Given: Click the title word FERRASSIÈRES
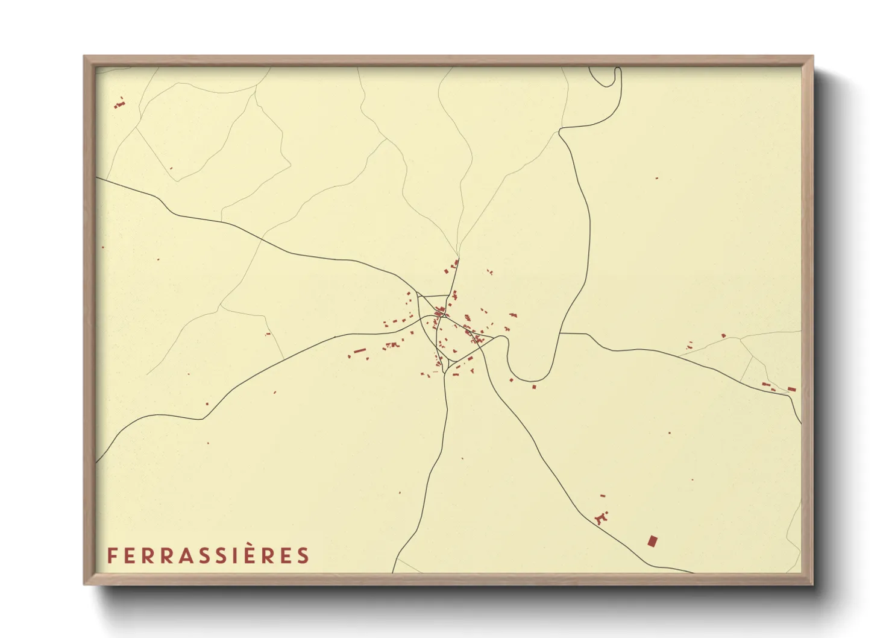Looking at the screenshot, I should click(208, 555).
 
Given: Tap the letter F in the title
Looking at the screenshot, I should click(111, 555).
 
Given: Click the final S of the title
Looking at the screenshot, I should click(303, 555).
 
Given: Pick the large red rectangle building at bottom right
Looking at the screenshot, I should click(652, 541).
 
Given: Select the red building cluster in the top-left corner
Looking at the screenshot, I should click(119, 103).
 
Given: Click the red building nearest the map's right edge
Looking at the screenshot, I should click(791, 389).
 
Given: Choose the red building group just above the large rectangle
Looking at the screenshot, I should click(601, 517).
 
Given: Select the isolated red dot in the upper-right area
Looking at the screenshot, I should click(656, 178).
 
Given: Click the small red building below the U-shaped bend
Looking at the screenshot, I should click(534, 387).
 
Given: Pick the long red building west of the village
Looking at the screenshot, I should click(360, 350).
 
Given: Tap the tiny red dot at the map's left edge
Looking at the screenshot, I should click(103, 247).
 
